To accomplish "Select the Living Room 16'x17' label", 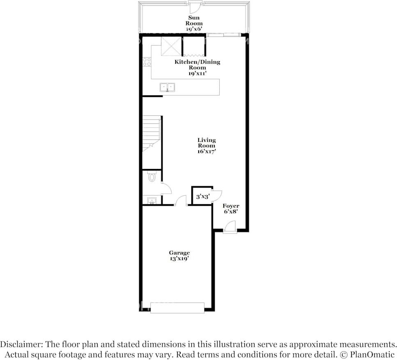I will click(x=207, y=145).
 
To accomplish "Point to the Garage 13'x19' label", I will click(x=179, y=256).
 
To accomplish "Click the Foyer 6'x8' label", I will click(x=231, y=208).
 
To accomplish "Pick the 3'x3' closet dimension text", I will click(x=202, y=197).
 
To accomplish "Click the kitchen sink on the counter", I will click(x=167, y=87).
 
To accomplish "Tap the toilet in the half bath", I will click(x=152, y=177).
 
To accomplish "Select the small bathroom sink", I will click(x=152, y=201).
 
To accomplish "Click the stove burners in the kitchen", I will click(x=147, y=62).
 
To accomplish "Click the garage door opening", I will click(x=177, y=307).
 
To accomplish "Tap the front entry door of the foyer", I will click(x=230, y=227).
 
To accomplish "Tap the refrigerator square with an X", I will click(x=171, y=46).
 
